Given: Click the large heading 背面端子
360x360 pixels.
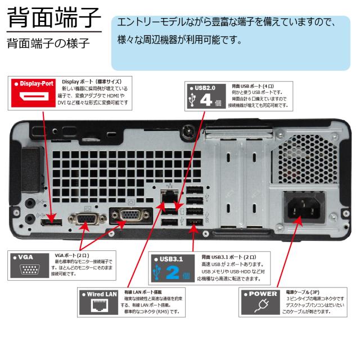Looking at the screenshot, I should point(54,19).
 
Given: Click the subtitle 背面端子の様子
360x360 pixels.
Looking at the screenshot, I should point(48,44).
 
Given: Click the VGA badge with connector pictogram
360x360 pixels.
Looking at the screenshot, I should point(29,265).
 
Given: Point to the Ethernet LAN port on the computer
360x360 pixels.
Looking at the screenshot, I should point(169,197).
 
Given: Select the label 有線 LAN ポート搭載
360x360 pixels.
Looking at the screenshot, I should point(143,292).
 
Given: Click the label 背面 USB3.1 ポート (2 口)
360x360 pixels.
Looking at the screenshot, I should point(229,256).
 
